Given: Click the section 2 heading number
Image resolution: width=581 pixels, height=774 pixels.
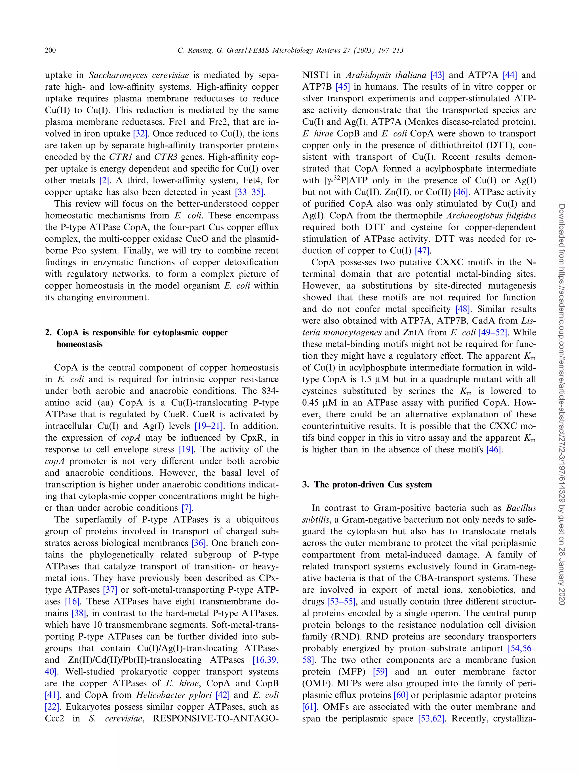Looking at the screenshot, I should point(48,333).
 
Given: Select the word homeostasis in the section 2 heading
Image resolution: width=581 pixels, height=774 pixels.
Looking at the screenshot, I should point(80,344).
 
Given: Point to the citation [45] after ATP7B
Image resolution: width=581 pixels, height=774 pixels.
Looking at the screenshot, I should point(342,87).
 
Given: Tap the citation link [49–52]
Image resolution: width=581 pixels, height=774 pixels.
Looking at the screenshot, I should point(494,333).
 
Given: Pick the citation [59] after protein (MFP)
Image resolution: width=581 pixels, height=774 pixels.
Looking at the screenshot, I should point(380,672).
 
